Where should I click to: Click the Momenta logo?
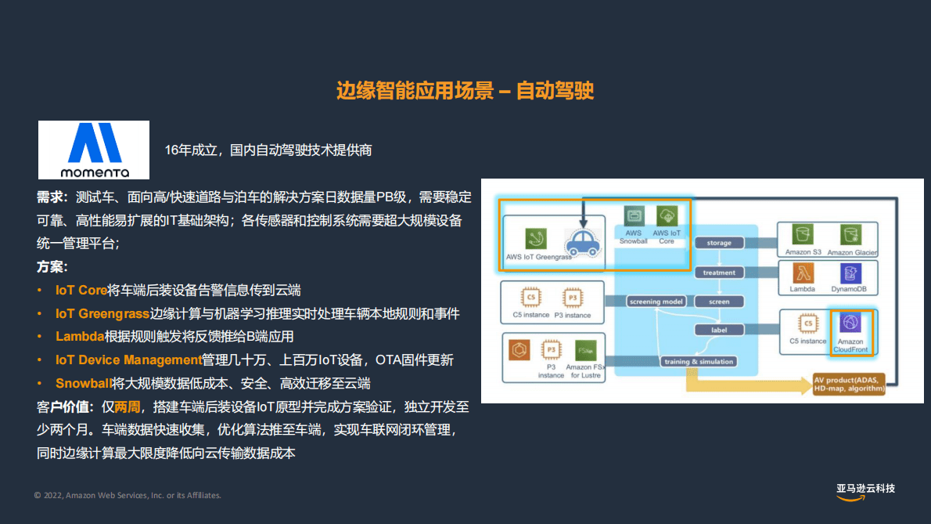[94, 150]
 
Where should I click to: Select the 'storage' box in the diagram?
[719, 243]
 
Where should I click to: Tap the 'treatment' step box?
[719, 273]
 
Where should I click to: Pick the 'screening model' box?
[656, 302]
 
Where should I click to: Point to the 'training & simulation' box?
[699, 361]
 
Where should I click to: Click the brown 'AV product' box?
[848, 384]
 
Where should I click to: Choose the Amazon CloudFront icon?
[850, 322]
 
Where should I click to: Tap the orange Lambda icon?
[802, 273]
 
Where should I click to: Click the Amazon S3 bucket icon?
[802, 233]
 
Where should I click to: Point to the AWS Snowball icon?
[633, 215]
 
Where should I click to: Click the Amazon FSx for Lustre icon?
[584, 350]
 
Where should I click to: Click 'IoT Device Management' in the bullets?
[128, 360]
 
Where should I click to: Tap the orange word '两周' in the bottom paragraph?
[128, 407]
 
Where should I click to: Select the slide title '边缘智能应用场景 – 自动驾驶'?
[465, 91]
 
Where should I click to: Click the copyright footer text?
[128, 495]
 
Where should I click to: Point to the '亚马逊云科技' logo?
[865, 490]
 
